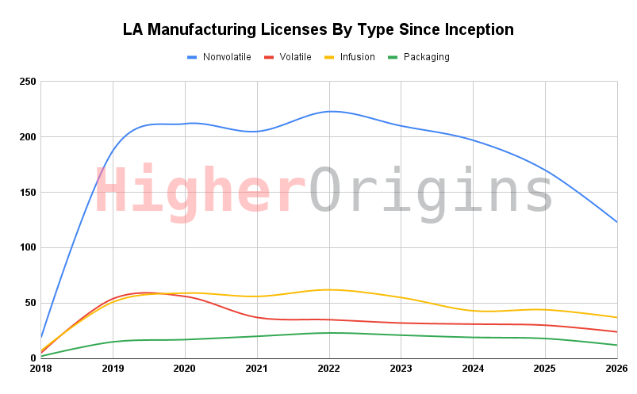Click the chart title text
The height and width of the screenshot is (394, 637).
click(x=318, y=30)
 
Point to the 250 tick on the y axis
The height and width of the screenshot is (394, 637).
click(x=27, y=82)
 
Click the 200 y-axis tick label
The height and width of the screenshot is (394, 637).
click(x=27, y=137)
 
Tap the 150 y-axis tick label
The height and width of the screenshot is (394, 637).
click(x=27, y=193)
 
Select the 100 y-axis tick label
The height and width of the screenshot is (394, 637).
click(x=27, y=247)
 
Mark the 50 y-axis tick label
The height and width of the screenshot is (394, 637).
click(x=29, y=303)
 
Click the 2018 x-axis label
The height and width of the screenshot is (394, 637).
click(x=40, y=369)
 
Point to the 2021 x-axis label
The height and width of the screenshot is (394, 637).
click(x=256, y=369)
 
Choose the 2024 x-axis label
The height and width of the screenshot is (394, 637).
click(x=473, y=369)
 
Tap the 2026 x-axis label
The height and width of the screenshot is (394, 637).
click(x=616, y=369)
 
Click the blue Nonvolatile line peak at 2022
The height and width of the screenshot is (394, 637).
click(x=328, y=112)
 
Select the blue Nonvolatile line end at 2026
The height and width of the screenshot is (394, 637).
click(x=616, y=221)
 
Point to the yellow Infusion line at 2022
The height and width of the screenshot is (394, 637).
click(x=328, y=289)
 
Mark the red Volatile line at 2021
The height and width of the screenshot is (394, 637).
click(x=256, y=317)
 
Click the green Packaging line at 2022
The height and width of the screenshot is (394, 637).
click(x=328, y=333)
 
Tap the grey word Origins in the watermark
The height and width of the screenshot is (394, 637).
click(x=430, y=193)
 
